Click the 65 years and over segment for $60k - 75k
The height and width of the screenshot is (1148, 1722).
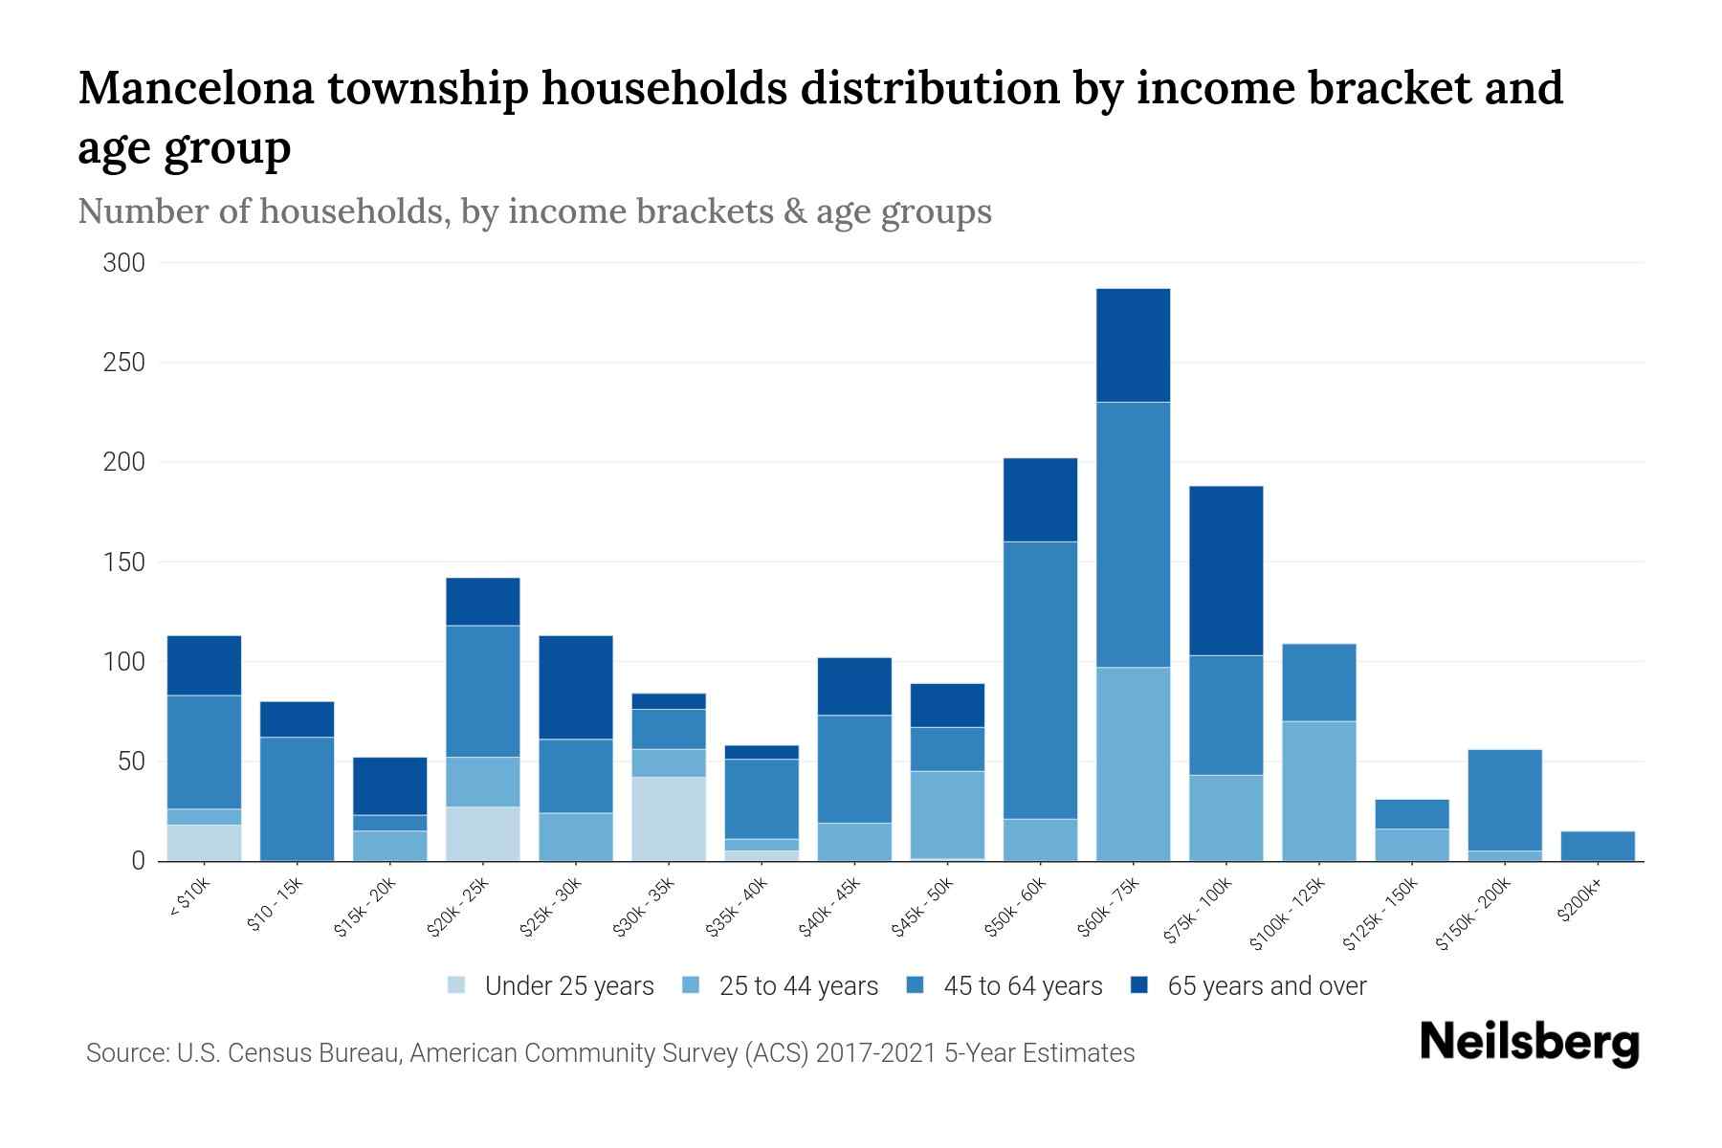[x=1133, y=345]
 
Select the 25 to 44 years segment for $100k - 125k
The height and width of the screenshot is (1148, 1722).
[x=1318, y=791]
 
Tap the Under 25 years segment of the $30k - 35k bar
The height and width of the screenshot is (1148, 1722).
[x=669, y=819]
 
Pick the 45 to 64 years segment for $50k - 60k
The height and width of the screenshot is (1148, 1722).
[x=1040, y=680]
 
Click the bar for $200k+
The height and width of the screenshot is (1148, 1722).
[x=1598, y=846]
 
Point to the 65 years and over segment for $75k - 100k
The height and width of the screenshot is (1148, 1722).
[x=1225, y=571]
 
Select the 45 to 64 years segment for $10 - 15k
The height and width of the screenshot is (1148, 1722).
[x=297, y=799]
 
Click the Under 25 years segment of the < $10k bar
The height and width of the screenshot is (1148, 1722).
[x=204, y=843]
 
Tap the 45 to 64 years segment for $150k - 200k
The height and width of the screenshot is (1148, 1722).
[x=1505, y=800]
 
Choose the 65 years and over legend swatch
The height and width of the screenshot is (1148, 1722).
[x=1139, y=986]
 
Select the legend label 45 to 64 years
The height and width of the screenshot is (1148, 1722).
[x=1023, y=986]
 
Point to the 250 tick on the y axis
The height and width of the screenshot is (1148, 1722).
[x=123, y=363]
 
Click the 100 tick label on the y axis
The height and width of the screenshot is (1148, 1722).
[x=123, y=662]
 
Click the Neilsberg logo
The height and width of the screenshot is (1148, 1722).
[x=1530, y=1043]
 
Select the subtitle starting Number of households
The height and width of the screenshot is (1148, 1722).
[x=535, y=211]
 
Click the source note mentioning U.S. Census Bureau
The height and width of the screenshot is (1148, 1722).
[x=610, y=1053]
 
